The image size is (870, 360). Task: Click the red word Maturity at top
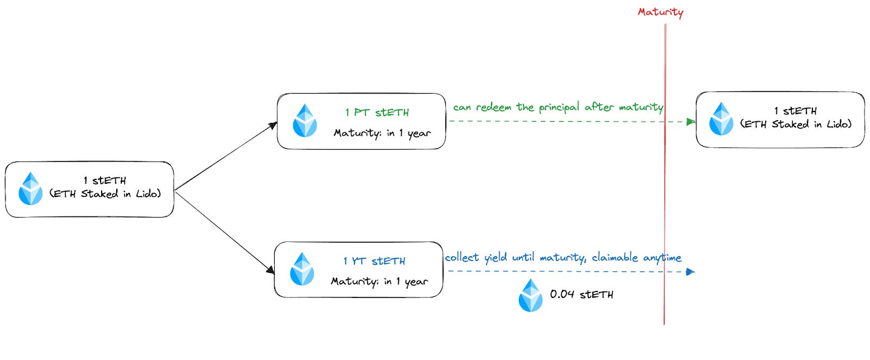(660, 12)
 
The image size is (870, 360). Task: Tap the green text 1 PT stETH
(377, 113)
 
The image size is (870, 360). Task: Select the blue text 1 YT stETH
(374, 261)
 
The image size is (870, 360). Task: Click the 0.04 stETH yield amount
(581, 294)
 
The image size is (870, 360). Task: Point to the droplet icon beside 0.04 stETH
(530, 295)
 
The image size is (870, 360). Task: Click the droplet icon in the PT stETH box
(304, 121)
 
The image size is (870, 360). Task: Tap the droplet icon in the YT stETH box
(302, 269)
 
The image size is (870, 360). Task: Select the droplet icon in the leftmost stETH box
(30, 189)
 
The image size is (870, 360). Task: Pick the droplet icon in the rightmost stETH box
(721, 119)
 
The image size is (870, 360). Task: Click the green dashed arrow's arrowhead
(691, 122)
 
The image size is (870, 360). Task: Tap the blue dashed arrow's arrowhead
(690, 271)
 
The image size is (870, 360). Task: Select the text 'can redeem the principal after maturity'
(558, 107)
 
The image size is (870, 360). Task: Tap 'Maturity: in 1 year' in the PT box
(382, 133)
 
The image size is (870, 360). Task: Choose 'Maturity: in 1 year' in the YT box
(379, 282)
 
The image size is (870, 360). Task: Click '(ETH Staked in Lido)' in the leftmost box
(105, 194)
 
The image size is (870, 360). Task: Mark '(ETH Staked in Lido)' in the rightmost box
(796, 124)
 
